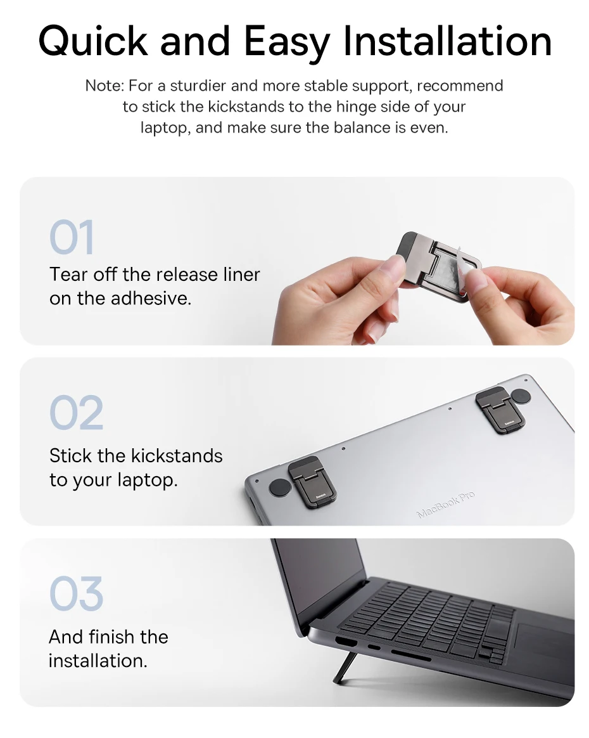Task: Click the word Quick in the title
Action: [x=94, y=41]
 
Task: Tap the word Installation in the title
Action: [x=447, y=41]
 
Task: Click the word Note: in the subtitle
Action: [x=104, y=86]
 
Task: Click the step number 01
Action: [x=72, y=236]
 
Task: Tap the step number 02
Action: [x=76, y=413]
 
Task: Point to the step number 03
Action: [x=76, y=593]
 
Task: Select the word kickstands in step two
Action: [x=176, y=456]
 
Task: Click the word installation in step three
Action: [x=98, y=661]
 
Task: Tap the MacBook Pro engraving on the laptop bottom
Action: [x=446, y=504]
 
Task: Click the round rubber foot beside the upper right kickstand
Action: [x=521, y=396]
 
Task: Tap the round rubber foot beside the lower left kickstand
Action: [x=280, y=488]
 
